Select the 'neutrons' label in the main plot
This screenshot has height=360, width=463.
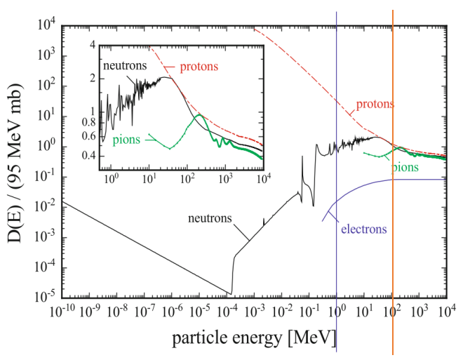point(210,219)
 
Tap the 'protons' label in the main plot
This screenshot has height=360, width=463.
point(375,105)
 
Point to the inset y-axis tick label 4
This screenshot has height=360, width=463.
point(93,46)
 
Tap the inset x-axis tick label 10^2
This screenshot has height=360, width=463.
point(187,180)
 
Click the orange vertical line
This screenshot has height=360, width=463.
point(392,211)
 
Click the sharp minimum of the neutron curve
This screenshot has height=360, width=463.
point(231,293)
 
